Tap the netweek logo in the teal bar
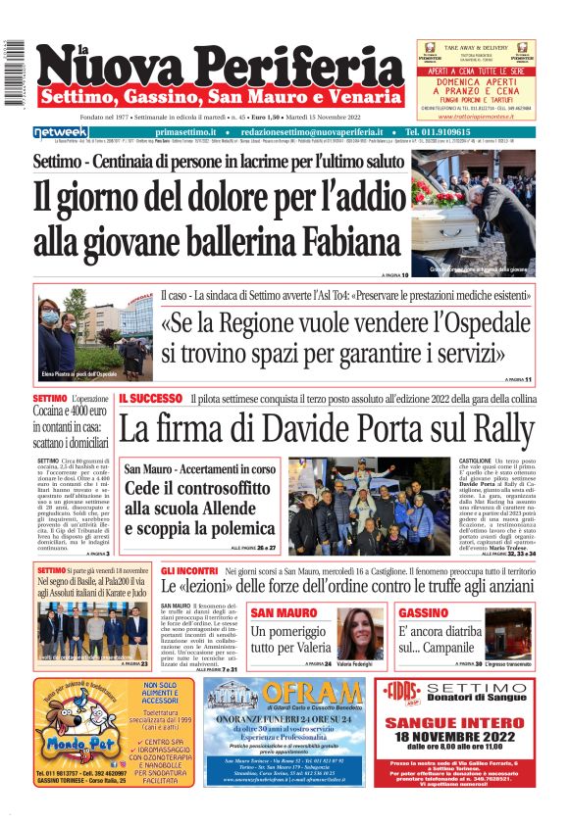click(60, 132)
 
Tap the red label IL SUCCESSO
click(150, 399)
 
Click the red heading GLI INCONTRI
click(189, 570)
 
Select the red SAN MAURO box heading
click(284, 613)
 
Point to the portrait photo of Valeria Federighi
click(360, 633)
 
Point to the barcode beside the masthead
click(14, 73)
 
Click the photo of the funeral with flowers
click(474, 211)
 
